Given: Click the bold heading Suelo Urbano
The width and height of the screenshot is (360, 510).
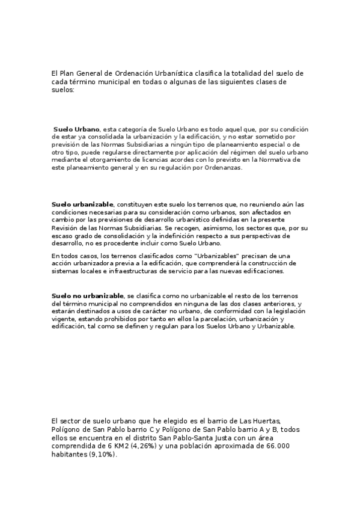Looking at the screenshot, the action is point(76,129).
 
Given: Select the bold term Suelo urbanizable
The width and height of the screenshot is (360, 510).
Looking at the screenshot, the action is point(82,204).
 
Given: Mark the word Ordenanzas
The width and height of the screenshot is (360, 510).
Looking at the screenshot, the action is point(220,168).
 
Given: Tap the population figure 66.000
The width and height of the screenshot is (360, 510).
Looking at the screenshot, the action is point(276,446).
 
